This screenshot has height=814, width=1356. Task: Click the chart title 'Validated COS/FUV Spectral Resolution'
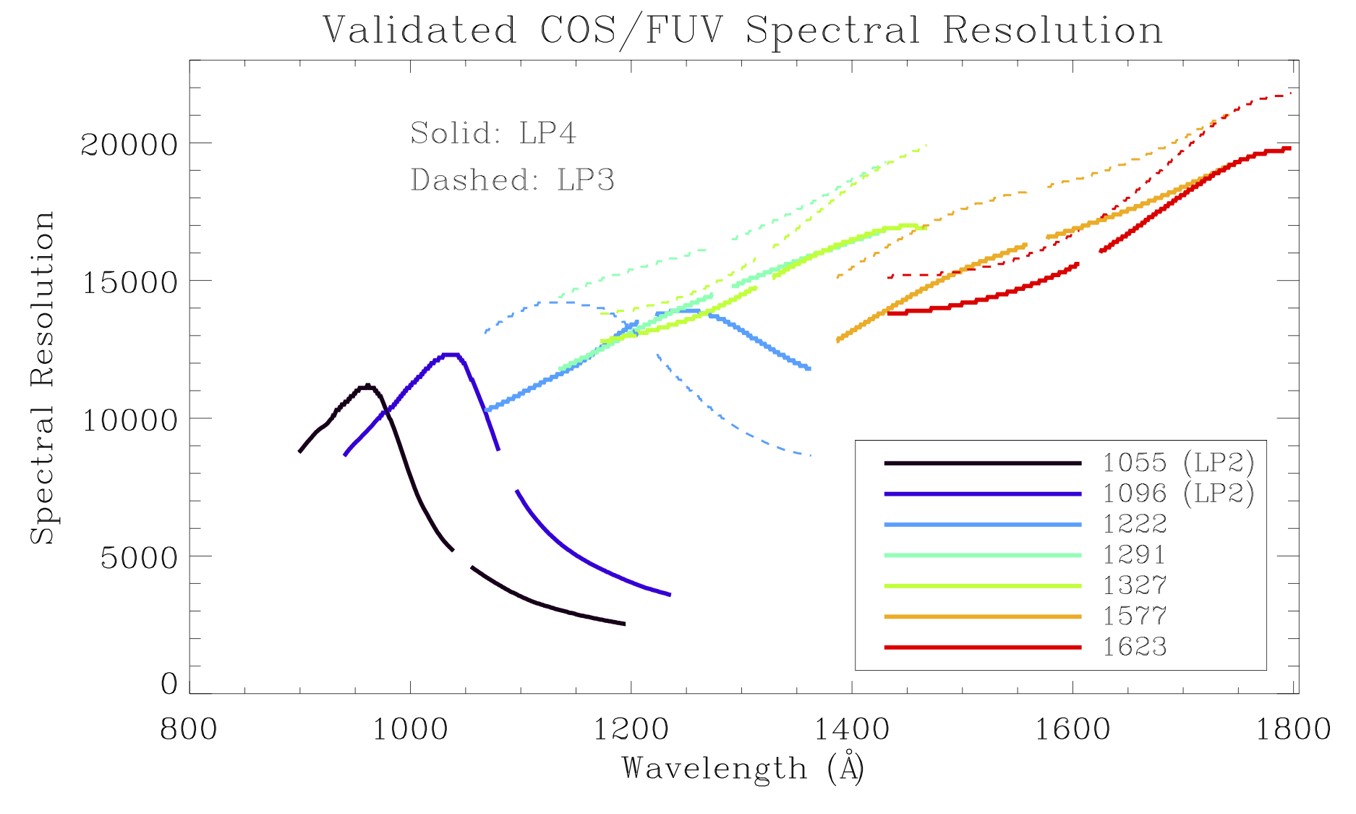coord(743,30)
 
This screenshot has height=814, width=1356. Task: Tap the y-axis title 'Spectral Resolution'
coord(42,377)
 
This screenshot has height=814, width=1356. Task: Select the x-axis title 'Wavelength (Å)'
coord(743,768)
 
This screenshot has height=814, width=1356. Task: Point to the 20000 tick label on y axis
coord(129,145)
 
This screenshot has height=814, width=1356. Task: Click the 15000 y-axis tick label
coord(129,282)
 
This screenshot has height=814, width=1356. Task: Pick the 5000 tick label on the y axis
coord(138,558)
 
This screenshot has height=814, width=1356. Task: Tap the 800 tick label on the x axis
coord(189,729)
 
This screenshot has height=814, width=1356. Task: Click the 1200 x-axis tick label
coord(631,729)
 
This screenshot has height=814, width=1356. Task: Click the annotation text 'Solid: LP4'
coord(493,133)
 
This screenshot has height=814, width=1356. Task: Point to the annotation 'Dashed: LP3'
coord(512,180)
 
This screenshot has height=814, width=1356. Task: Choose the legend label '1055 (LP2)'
coord(1178,462)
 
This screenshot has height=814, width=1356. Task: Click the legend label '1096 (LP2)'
coord(1178,493)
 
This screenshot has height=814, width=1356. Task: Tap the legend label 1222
coord(1135,524)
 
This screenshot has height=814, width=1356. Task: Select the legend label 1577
coord(1135,616)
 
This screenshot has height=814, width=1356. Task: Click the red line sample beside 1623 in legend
coord(982,647)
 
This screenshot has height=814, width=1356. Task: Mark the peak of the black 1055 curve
coord(367,386)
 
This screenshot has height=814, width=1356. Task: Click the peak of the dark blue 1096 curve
coord(450,355)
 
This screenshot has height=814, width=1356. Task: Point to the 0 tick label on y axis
coord(169,684)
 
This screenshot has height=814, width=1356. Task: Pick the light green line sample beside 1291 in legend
coord(982,555)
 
